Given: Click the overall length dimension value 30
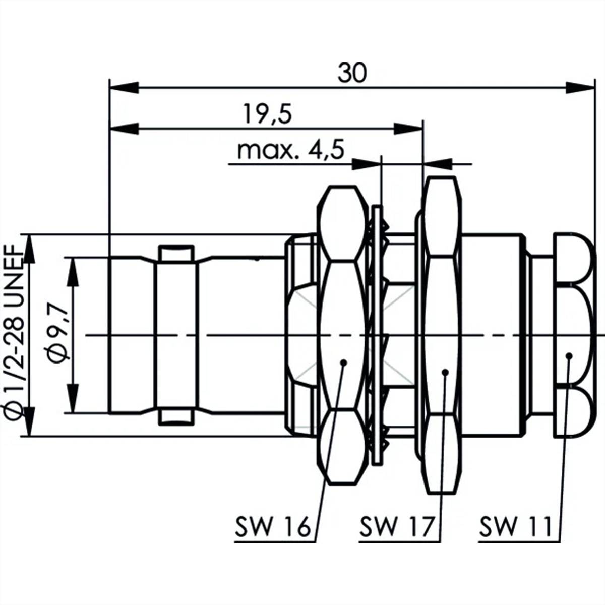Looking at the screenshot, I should [352, 73].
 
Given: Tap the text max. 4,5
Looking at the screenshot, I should [290, 150].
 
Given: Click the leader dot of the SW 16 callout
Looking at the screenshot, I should [343, 361].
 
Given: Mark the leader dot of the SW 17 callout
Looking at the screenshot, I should [445, 372].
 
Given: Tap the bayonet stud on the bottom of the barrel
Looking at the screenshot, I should [175, 417].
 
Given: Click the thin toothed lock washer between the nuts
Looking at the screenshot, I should [376, 335].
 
